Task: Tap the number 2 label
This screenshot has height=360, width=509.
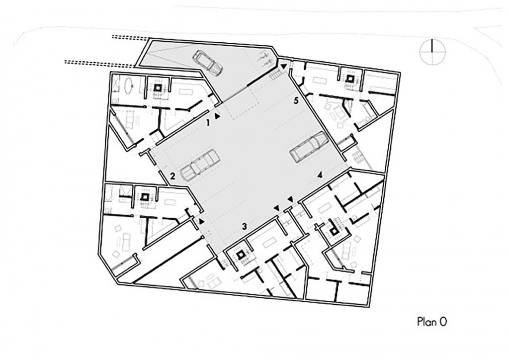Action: coord(172,176)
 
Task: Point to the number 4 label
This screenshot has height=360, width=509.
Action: coord(320,176)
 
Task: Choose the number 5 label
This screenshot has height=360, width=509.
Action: coord(295,101)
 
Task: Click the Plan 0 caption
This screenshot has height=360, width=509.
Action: coord(432,322)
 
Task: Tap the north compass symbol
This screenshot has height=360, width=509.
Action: coord(432,52)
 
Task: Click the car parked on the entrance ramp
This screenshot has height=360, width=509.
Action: coord(208,63)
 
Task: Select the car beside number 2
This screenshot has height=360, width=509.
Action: coord(198,165)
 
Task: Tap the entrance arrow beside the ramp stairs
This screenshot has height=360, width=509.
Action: coord(284,66)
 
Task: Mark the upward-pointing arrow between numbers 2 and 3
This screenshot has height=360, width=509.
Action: coord(202,221)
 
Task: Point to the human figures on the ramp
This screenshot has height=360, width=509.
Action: coord(263,59)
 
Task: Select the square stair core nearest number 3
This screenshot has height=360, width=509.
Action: coord(241,255)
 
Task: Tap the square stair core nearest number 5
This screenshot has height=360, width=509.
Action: coord(350,78)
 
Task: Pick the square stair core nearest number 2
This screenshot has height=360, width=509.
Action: coord(145,197)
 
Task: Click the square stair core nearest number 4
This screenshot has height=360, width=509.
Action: coord(334,231)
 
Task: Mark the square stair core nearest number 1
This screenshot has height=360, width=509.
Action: coord(158,88)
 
